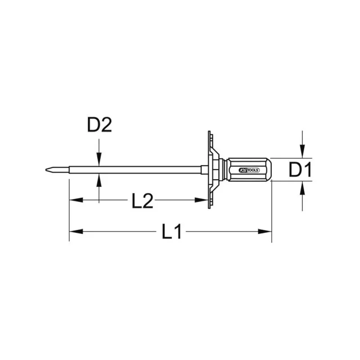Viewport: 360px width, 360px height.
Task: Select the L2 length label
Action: point(143,200)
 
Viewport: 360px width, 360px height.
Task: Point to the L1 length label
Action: point(171,232)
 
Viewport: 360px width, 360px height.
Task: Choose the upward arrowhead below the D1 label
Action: point(303,187)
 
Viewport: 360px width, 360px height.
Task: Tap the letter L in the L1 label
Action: point(167,232)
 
